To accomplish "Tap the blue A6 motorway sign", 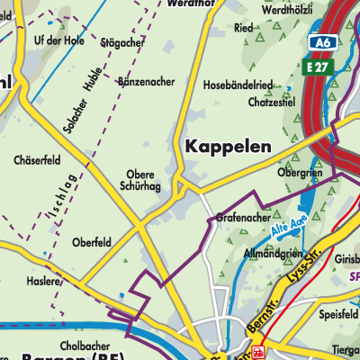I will [x=320, y=43].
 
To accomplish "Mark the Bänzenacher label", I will [x=146, y=81].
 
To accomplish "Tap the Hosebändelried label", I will [x=265, y=85].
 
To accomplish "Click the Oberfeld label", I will [x=92, y=242].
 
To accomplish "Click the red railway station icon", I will [x=259, y=353].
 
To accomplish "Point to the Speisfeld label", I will [x=339, y=315].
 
